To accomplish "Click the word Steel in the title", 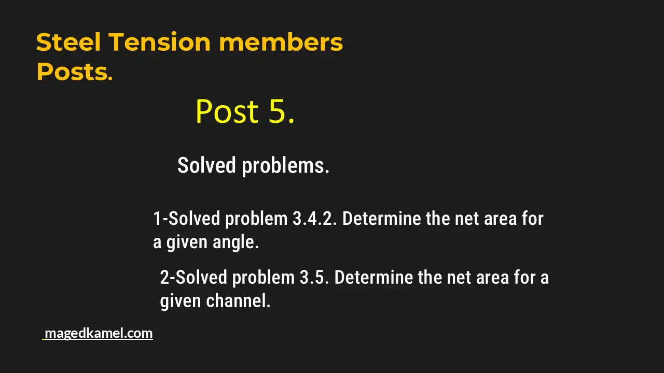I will click(x=68, y=42).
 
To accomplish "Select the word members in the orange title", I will click(x=281, y=42).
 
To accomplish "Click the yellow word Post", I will click(x=227, y=111).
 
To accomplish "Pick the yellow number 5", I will click(x=281, y=111).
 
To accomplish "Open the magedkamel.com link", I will click(x=99, y=333).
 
